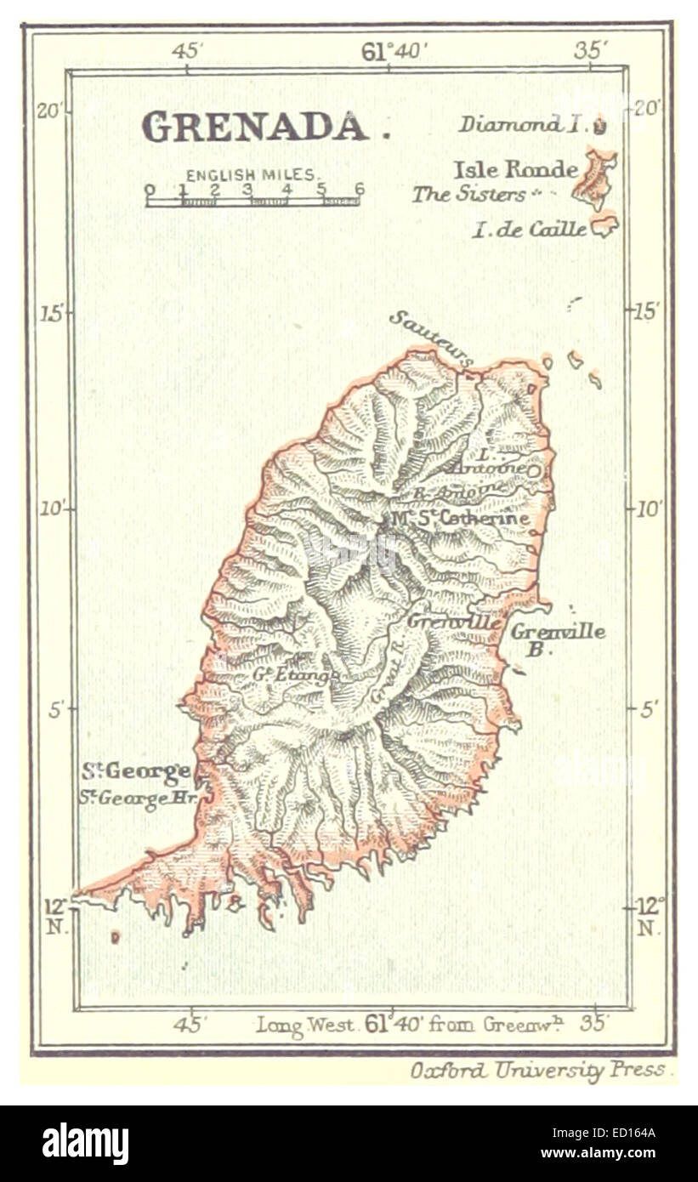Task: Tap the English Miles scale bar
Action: pyautogui.click(x=253, y=201)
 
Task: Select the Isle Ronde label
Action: pyautogui.click(x=515, y=170)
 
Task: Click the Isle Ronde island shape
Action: pyautogui.click(x=594, y=177)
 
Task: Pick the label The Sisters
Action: pyautogui.click(x=468, y=195)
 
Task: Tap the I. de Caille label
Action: pyautogui.click(x=529, y=230)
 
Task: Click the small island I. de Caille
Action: pyautogui.click(x=604, y=225)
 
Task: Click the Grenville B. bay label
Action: pyautogui.click(x=558, y=639)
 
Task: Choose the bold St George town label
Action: pyautogui.click(x=136, y=772)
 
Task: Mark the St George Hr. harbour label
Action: pyautogui.click(x=133, y=799)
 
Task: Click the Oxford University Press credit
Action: pyautogui.click(x=542, y=1070)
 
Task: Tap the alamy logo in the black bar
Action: pyautogui.click(x=86, y=1144)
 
